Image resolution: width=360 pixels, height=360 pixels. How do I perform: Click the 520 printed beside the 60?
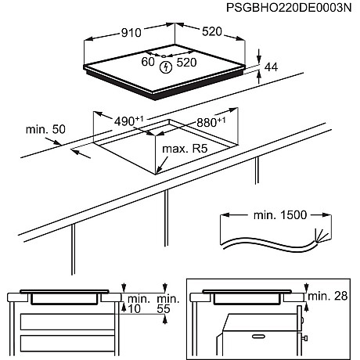coord(185,61)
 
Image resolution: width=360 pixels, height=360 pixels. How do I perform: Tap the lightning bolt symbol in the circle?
coord(165,68)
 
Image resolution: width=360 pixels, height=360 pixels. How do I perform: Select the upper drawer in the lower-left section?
coord(67,320)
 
